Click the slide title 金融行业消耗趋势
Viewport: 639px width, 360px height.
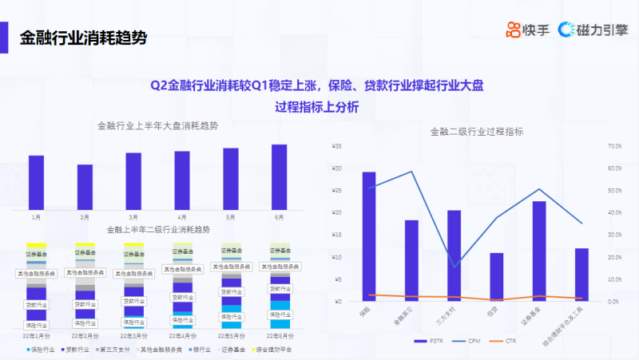(83, 37)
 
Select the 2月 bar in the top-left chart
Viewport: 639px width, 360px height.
(85, 188)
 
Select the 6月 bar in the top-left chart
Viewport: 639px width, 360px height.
(279, 177)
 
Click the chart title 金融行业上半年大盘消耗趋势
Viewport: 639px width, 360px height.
(157, 126)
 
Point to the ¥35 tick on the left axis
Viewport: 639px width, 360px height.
(337, 146)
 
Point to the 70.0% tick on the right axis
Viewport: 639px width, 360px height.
(614, 146)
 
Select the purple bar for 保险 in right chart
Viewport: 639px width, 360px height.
(369, 236)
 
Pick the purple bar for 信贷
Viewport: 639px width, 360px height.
(497, 276)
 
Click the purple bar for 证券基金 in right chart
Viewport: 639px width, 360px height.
(539, 251)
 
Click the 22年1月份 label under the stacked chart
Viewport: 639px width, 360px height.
(35, 337)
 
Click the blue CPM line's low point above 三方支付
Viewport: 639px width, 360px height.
(454, 267)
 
